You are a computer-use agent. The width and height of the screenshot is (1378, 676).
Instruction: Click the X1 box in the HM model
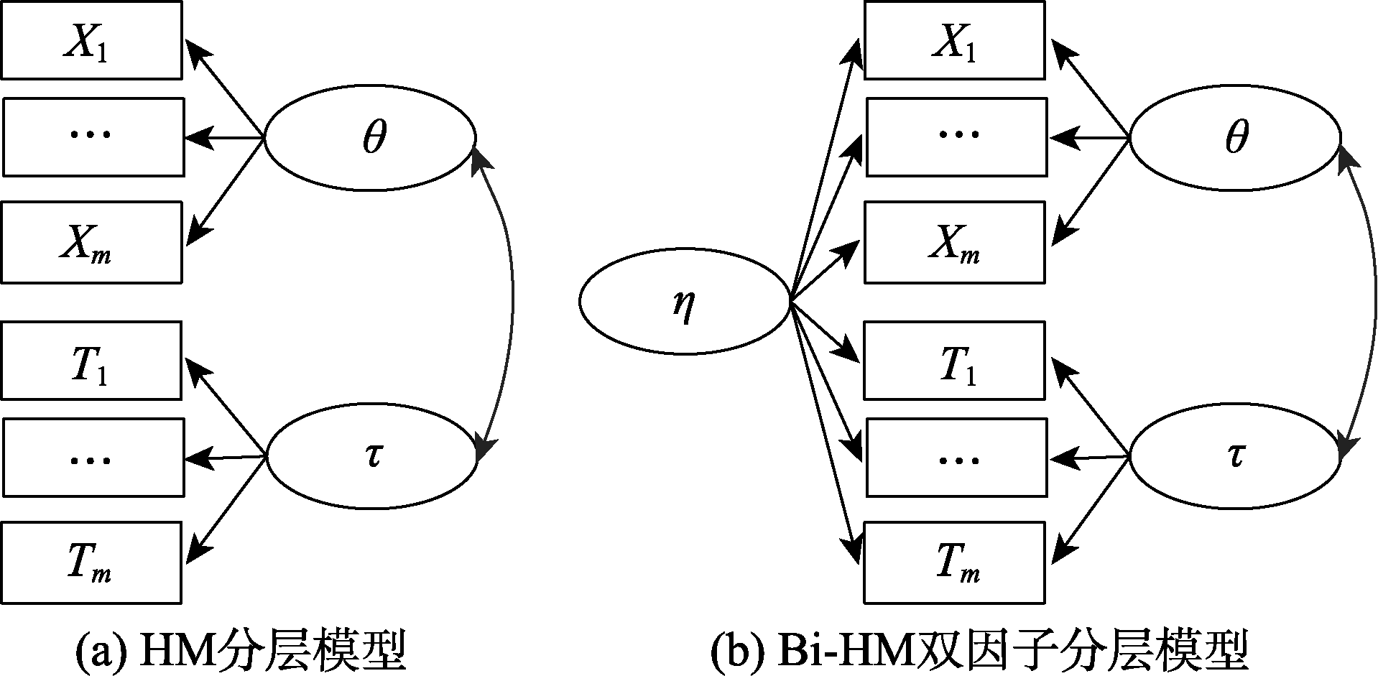[x=91, y=40]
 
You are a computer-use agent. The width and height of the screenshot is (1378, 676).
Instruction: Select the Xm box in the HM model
[x=91, y=242]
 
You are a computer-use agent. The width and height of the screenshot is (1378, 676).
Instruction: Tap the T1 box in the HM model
[x=91, y=360]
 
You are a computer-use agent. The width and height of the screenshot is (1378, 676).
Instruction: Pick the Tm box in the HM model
[x=91, y=562]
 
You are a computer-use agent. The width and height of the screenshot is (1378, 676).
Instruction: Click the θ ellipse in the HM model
[x=370, y=138]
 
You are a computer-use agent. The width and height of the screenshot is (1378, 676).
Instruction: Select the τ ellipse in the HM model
[x=371, y=456]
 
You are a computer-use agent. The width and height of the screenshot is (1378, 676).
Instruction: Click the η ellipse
[x=684, y=305]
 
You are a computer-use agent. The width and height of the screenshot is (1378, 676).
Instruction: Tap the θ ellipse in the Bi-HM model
[x=1235, y=138]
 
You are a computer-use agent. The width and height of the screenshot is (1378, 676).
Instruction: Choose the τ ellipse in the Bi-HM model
[x=1235, y=456]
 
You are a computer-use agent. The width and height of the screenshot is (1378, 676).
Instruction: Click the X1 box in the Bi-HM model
[x=955, y=40]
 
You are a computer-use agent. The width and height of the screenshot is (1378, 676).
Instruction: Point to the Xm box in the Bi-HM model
[x=955, y=242]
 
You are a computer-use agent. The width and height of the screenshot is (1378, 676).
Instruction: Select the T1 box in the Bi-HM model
[x=955, y=360]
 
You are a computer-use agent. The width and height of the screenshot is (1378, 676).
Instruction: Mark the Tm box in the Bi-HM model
[x=955, y=562]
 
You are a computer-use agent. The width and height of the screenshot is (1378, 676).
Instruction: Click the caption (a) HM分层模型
[x=241, y=651]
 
